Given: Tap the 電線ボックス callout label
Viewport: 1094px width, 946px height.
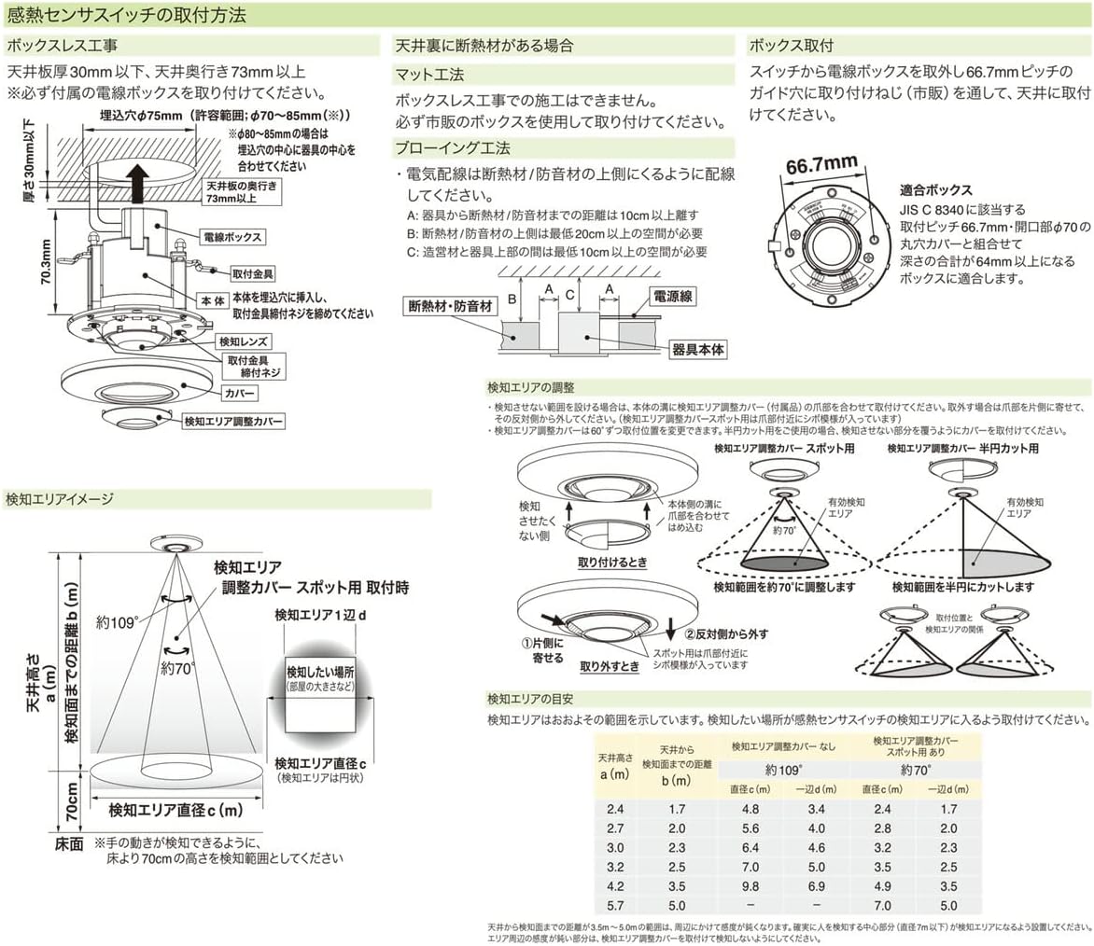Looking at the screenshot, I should click(231, 236).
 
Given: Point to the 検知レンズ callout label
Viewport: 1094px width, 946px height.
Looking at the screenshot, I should click(244, 341).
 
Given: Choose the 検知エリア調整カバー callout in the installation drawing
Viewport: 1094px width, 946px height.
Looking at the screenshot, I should click(233, 422).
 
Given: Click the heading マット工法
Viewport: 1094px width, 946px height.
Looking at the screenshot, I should click(429, 75).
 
